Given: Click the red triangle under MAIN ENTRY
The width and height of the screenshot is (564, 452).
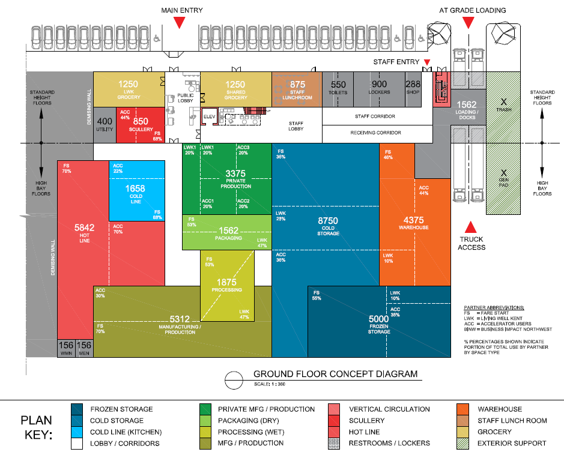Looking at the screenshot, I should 179,22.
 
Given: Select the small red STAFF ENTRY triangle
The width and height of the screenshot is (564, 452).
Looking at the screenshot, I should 427,63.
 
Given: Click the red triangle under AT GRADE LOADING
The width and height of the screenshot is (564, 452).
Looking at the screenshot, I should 468,22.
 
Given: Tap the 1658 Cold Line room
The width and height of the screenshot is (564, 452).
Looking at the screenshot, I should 136,191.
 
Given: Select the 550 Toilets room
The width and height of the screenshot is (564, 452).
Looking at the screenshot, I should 338,89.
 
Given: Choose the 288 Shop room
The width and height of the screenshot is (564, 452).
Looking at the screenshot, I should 413,89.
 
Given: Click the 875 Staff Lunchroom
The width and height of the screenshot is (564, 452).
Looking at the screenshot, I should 297,89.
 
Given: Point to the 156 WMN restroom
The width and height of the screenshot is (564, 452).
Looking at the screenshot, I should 66,348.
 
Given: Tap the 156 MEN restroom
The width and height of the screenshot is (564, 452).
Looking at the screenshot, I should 85,348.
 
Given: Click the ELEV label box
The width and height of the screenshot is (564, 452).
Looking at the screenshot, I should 209,116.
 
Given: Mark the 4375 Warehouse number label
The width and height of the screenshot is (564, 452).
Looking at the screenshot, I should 414,220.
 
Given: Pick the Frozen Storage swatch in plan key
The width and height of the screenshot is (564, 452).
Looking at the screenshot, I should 77,409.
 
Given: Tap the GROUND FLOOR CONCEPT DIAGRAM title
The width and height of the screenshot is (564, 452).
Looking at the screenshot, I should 335,374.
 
